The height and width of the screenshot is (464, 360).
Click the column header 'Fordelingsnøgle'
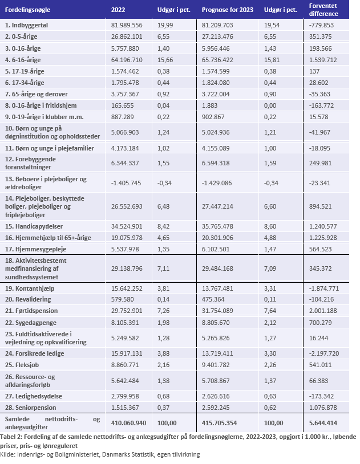27,10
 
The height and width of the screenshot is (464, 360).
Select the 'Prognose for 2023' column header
228,10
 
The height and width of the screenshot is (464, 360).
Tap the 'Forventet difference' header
323,10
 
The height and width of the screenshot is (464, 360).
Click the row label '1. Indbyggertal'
26,25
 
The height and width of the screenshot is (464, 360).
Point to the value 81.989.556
127,25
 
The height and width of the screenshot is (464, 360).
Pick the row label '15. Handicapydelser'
34,226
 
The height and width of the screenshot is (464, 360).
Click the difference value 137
314,71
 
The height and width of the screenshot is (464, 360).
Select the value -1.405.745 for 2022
127,183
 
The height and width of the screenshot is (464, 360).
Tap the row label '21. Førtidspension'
31,311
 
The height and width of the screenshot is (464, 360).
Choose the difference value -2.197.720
324,353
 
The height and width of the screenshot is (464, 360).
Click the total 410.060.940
128,423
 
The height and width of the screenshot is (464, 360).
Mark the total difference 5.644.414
323,423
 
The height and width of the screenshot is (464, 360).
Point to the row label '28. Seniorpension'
30,408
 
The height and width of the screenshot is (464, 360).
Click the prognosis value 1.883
209,105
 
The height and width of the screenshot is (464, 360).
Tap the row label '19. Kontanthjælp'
30,288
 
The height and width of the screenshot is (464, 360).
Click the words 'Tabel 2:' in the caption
11,437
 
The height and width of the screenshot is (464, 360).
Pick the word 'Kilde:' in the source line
8,454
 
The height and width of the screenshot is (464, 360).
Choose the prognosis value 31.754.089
217,311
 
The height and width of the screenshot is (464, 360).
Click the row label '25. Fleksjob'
22,365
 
